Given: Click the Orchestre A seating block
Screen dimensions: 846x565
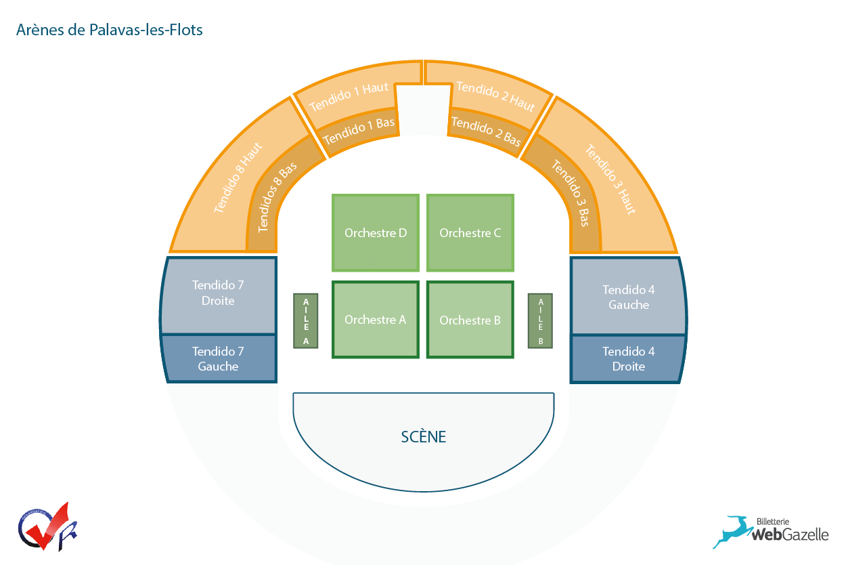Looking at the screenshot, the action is click(x=376, y=319).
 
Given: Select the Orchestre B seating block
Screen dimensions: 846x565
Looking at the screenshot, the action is click(x=470, y=319).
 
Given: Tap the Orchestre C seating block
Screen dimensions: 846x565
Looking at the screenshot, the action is click(x=470, y=233).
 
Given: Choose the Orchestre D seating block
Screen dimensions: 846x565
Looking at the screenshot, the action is click(x=376, y=233).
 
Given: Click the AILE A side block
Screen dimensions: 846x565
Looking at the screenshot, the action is click(x=305, y=321).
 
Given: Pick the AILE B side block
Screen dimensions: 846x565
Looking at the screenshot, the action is click(x=540, y=321).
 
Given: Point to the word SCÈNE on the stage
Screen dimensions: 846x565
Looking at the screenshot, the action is click(x=424, y=436).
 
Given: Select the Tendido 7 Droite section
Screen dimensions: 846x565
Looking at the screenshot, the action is click(x=219, y=295).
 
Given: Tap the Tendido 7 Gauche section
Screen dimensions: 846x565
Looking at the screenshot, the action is click(x=219, y=358).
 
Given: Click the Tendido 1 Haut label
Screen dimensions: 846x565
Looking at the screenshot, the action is click(x=349, y=97).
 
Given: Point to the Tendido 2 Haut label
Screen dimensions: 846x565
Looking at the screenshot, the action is click(x=495, y=96).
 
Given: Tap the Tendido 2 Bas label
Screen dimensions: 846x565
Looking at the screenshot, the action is click(x=487, y=131).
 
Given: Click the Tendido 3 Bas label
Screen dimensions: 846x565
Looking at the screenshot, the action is click(x=571, y=193).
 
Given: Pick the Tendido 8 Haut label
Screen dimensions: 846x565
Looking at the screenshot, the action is click(x=238, y=177).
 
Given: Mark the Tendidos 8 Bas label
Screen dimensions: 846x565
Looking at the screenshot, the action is click(x=276, y=197).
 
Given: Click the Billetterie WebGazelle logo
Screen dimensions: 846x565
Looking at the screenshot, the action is click(x=770, y=532).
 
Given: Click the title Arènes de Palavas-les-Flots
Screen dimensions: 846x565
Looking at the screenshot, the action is click(x=109, y=30).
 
